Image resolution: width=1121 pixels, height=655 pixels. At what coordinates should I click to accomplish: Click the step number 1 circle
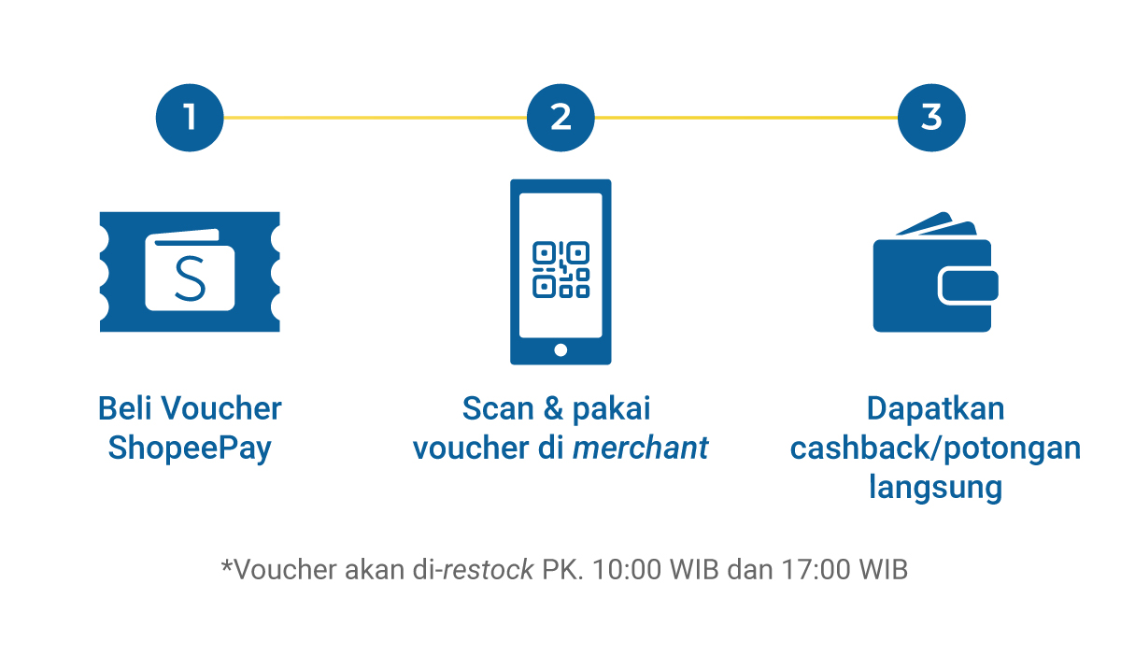point(190,118)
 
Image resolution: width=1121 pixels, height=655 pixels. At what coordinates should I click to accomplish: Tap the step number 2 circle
point(560,118)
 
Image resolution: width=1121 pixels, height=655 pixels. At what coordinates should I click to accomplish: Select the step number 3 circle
point(931,118)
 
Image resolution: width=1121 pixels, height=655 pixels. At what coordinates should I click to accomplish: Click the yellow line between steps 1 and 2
point(374,118)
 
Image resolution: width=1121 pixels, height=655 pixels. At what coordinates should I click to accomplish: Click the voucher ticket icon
point(190,271)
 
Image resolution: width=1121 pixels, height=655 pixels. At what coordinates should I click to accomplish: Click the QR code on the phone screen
point(560,269)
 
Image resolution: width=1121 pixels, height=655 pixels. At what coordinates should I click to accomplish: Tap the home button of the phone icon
point(560,350)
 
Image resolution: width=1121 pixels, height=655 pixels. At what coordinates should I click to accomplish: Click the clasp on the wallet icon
point(969,286)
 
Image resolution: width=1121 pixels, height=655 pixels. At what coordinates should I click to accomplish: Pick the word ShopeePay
point(190,449)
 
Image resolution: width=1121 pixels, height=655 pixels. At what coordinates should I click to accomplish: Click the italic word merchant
point(641,449)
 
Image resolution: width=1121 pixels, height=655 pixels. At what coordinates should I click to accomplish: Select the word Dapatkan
point(935,409)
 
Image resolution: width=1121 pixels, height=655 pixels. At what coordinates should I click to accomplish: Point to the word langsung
point(935,488)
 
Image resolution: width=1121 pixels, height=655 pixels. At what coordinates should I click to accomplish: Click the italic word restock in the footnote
point(488,570)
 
